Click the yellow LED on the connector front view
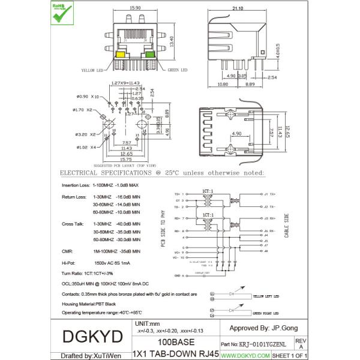tap(120, 55)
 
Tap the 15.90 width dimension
tap(135, 8)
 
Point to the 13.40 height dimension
tap(172, 41)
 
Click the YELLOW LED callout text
tap(93, 70)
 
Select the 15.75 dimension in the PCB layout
tap(125, 159)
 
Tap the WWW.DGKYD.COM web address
tap(245, 356)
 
